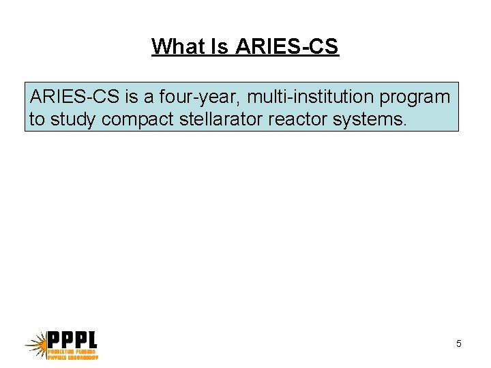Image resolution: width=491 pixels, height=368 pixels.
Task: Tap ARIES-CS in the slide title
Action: click(x=287, y=46)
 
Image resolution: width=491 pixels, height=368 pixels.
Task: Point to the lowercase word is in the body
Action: click(x=131, y=97)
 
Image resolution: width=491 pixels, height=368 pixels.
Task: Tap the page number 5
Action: click(x=459, y=343)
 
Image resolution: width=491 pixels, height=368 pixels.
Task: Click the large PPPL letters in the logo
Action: click(x=72, y=339)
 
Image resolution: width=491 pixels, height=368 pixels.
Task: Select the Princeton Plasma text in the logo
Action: click(x=72, y=351)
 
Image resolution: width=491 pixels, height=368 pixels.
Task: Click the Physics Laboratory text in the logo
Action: click(x=72, y=356)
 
